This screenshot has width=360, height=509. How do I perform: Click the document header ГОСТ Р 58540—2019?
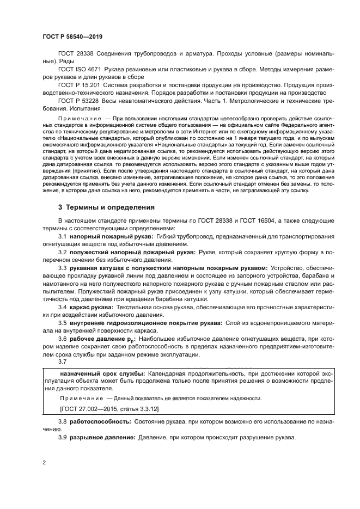click(x=72, y=36)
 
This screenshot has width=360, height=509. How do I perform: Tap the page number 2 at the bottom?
click(x=44, y=462)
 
